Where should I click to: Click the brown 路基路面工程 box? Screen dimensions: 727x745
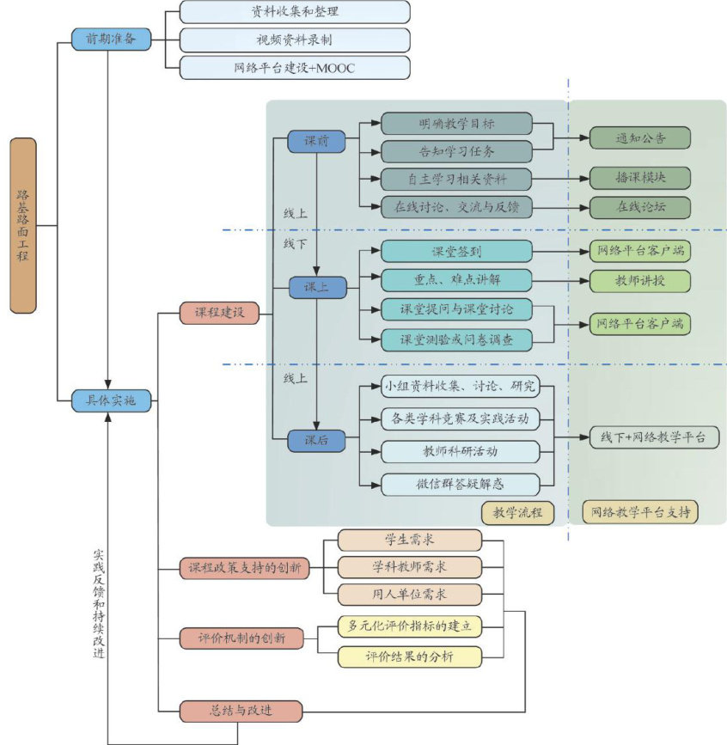pyautogui.click(x=23, y=226)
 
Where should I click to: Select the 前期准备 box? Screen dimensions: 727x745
pyautogui.click(x=111, y=39)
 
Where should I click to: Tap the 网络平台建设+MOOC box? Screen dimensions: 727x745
pyautogui.click(x=295, y=68)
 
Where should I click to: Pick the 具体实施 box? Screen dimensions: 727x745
pyautogui.click(x=111, y=400)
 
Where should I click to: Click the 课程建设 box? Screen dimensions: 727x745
pyautogui.click(x=219, y=313)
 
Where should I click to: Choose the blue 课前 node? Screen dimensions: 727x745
pyautogui.click(x=316, y=141)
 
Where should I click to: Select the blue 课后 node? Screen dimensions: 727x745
pyautogui.click(x=316, y=441)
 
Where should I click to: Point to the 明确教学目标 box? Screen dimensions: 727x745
pyautogui.click(x=456, y=124)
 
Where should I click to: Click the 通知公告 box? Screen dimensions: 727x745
pyautogui.click(x=640, y=138)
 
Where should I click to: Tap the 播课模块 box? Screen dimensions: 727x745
pyautogui.click(x=640, y=178)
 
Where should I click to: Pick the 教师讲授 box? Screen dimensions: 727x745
pyautogui.click(x=640, y=281)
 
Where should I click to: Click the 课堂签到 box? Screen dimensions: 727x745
pyautogui.click(x=456, y=252)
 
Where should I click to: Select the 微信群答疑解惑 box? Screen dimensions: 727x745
pyautogui.click(x=460, y=485)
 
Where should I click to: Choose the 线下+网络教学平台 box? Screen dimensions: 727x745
pyautogui.click(x=654, y=437)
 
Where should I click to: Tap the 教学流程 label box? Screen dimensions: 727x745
pyautogui.click(x=517, y=513)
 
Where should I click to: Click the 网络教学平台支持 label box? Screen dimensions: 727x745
pyautogui.click(x=640, y=512)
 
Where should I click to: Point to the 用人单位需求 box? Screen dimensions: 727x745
pyautogui.click(x=410, y=595)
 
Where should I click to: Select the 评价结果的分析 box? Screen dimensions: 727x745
pyautogui.click(x=410, y=657)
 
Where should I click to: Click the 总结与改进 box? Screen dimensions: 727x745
pyautogui.click(x=241, y=711)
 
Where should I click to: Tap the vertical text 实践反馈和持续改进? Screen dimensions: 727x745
pyautogui.click(x=98, y=604)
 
